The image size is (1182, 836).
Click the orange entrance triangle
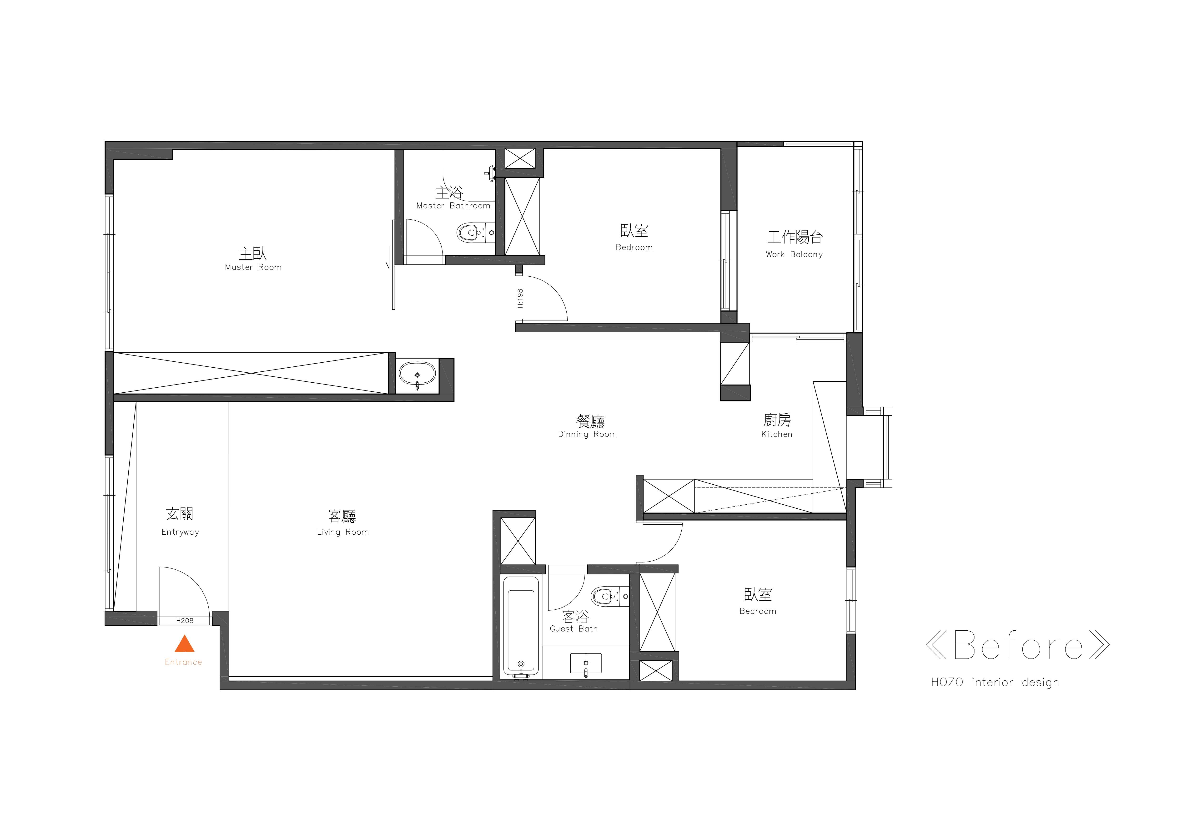click(x=184, y=644)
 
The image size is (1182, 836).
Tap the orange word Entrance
click(x=183, y=662)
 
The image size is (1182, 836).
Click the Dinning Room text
click(x=587, y=434)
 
